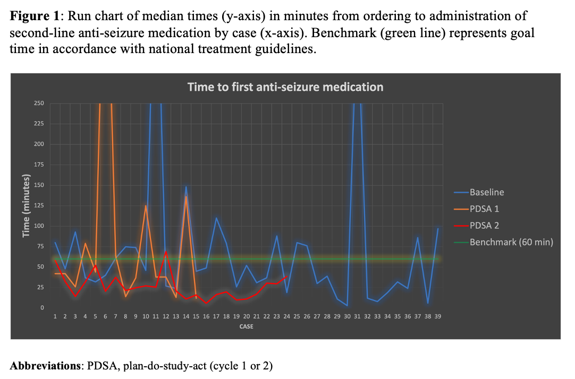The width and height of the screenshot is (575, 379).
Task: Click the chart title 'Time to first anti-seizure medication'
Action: (x=285, y=87)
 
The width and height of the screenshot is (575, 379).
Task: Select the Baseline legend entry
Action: (x=487, y=192)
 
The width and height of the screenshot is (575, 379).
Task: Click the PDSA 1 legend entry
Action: (x=484, y=209)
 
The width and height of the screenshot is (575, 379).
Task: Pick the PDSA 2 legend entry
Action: (x=484, y=225)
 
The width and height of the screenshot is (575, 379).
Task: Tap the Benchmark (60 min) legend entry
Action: (x=511, y=242)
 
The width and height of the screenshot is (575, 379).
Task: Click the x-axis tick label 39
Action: (x=438, y=316)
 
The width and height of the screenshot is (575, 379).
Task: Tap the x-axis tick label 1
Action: (x=55, y=316)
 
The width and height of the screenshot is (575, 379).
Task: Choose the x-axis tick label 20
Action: (x=247, y=316)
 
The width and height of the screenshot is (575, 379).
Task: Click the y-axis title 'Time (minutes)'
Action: (x=26, y=205)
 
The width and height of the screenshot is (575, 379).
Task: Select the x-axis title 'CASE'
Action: (x=246, y=326)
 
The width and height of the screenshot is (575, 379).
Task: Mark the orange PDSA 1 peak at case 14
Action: (x=186, y=196)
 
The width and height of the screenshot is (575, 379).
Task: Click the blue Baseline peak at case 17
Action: (x=216, y=218)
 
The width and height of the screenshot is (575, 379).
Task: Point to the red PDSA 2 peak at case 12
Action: (x=166, y=251)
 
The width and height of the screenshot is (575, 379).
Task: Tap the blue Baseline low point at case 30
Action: (x=347, y=305)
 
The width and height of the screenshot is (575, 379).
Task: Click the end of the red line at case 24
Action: (x=287, y=276)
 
